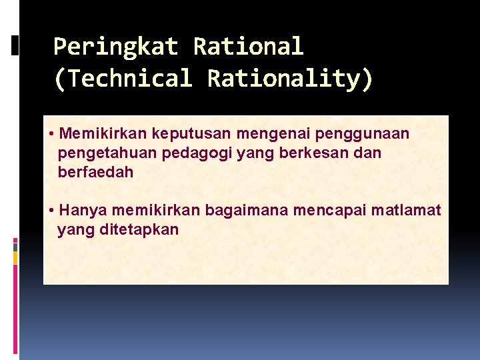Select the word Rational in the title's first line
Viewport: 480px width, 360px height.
pos(248,47)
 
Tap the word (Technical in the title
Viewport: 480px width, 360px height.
pos(122,79)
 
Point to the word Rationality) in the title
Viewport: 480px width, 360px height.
pos(291,79)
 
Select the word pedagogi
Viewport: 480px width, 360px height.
pos(184,153)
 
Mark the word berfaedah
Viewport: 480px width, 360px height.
pos(96,172)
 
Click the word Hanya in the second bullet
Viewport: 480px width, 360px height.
pos(83,211)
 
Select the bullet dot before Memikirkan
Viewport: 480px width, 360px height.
pos(52,134)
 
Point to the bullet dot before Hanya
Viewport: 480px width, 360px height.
pos(52,211)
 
